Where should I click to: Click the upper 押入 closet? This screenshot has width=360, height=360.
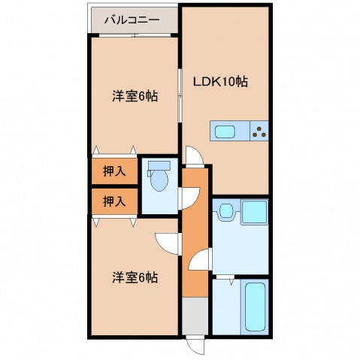tap(114, 172)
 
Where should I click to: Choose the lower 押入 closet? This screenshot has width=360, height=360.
tap(114, 201)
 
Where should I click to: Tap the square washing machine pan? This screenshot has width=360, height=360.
tap(254, 213)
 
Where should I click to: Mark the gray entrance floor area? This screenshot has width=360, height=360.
tap(193, 316)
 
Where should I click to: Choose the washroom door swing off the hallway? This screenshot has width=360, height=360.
tap(199, 263)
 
